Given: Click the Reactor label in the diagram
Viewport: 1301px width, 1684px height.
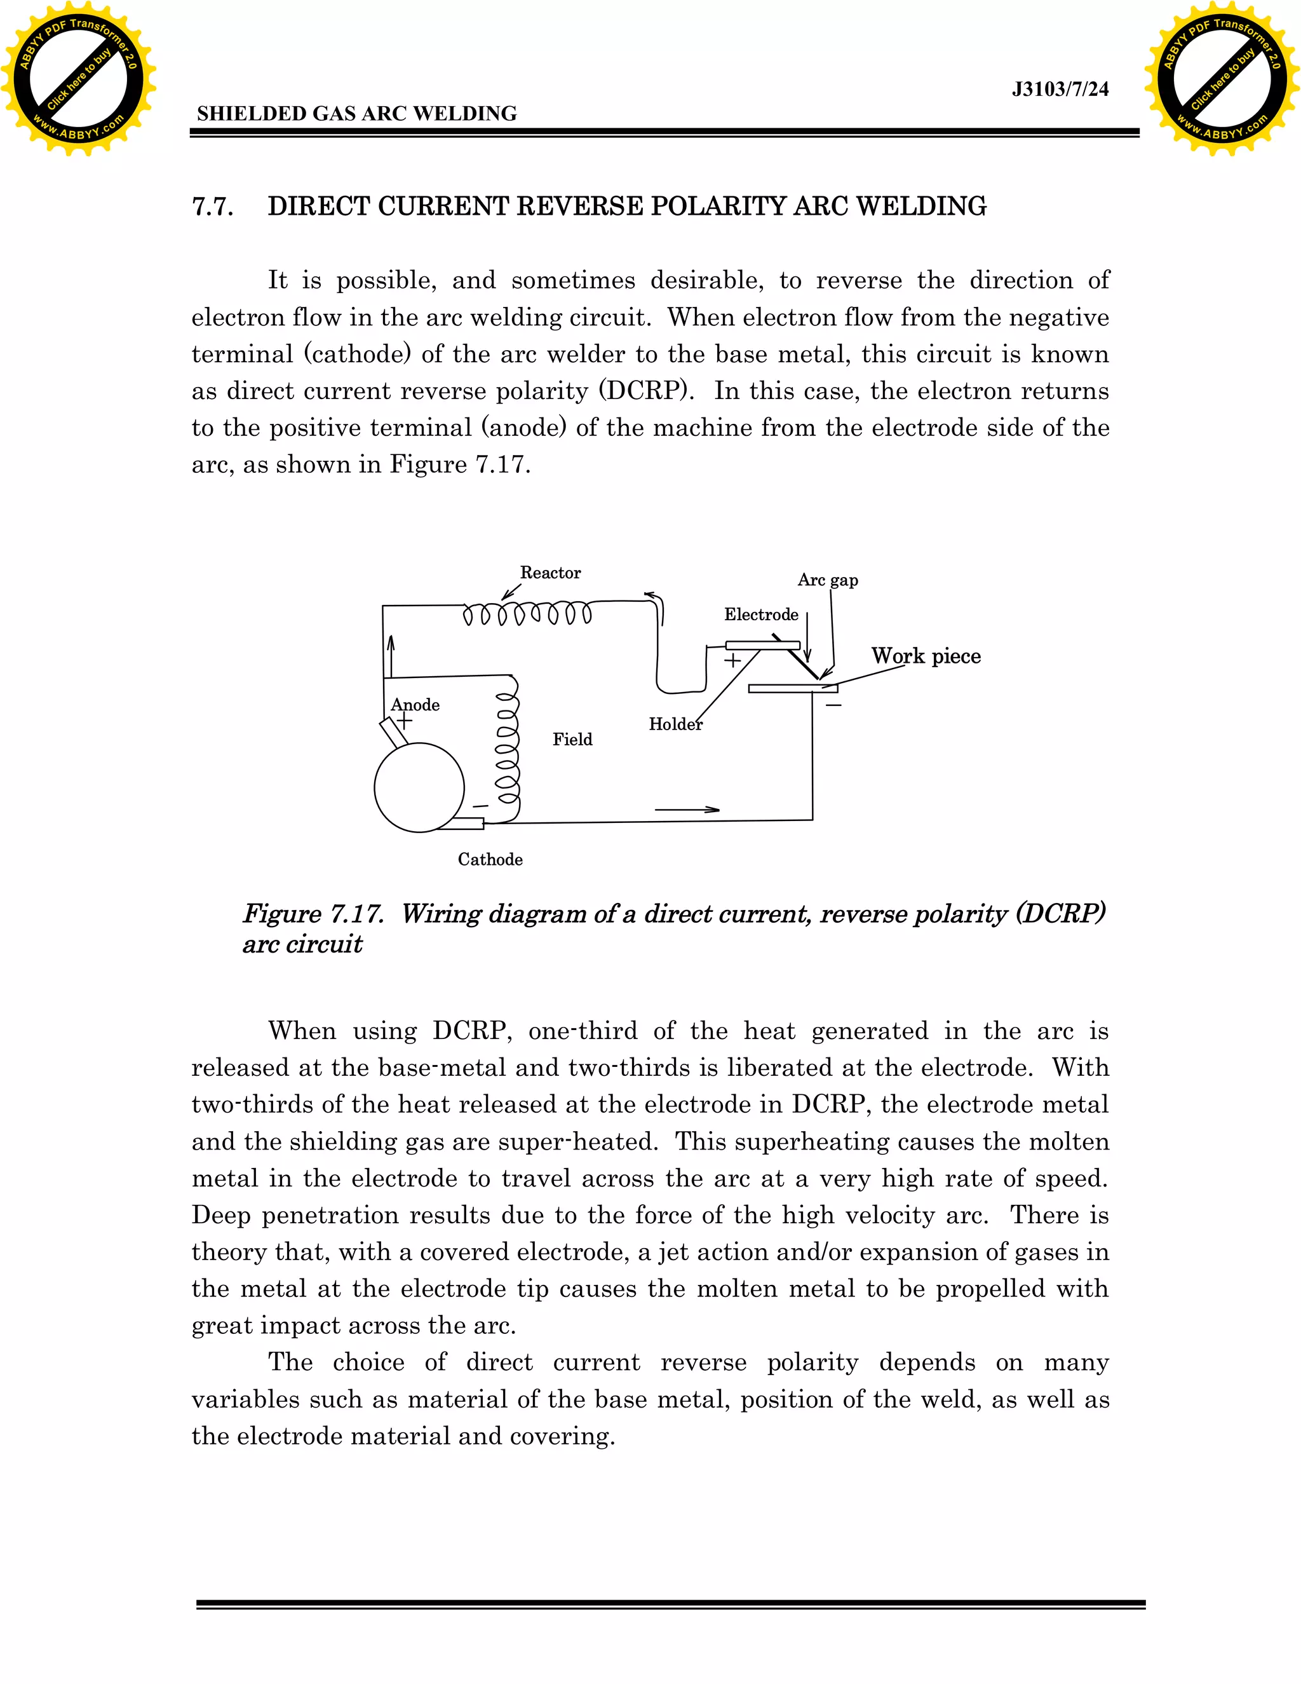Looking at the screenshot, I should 549,573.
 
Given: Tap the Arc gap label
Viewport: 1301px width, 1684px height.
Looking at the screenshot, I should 827,580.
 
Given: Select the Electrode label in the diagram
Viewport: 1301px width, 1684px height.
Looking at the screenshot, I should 760,615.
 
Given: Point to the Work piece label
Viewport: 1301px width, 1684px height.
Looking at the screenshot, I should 926,656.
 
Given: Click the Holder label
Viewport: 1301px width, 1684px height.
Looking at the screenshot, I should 675,724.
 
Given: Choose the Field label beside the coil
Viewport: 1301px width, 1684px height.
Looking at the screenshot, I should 572,740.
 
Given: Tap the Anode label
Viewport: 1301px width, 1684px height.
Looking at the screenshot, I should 415,705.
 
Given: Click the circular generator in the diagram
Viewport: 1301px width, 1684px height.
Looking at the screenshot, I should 419,787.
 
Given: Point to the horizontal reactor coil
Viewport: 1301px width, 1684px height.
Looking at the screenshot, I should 527,614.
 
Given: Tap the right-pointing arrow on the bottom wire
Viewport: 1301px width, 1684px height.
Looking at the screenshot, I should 687,810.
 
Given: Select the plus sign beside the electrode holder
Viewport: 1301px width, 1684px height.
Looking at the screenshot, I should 732,660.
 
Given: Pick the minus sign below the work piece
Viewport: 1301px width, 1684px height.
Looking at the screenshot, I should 833,705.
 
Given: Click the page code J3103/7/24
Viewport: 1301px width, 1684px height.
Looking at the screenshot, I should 1060,90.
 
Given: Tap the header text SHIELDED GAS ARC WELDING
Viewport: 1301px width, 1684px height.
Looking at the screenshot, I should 357,114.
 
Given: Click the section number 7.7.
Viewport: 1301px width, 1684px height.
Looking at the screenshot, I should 213,207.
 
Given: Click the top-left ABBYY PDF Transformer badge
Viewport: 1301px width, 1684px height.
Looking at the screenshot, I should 78,78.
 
